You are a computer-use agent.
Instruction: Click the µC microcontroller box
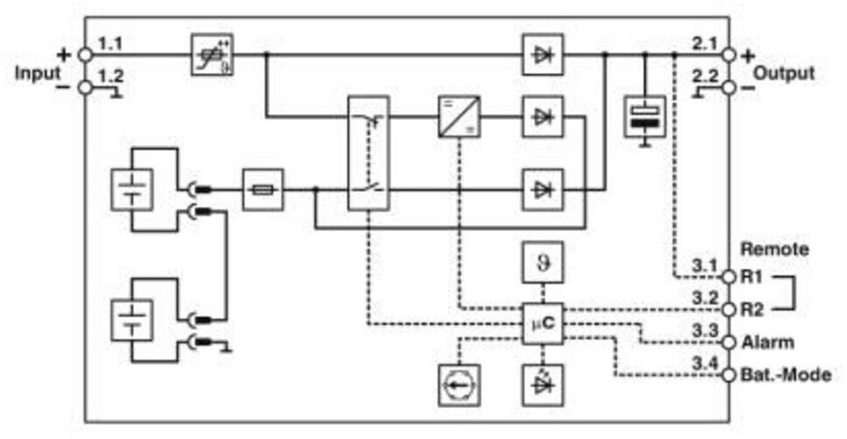[x=542, y=324]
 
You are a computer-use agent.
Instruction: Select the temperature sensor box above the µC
[x=542, y=263]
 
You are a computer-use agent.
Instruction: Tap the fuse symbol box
[x=263, y=190]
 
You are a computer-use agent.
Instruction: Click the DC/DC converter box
[x=458, y=116]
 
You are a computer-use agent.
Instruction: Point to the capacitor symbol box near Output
[x=644, y=116]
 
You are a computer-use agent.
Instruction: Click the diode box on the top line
[x=542, y=54]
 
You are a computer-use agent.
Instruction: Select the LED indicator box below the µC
[x=542, y=385]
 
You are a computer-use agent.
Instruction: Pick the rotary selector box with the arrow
[x=458, y=385]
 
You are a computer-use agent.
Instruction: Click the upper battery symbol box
[x=131, y=190]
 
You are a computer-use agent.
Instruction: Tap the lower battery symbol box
[x=131, y=320]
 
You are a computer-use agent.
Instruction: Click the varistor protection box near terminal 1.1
[x=213, y=54]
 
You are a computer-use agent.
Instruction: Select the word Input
[x=38, y=73]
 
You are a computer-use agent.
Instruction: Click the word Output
[x=783, y=73]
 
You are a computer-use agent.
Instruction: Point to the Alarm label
[x=767, y=342]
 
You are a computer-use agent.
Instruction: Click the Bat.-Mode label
[x=786, y=374]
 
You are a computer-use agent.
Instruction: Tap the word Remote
[x=774, y=249]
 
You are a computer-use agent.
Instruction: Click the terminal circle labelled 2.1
[x=729, y=55]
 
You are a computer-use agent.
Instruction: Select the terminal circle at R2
[x=729, y=310]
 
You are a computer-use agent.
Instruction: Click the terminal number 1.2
[x=110, y=76]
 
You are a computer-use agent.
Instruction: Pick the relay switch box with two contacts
[x=367, y=153]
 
